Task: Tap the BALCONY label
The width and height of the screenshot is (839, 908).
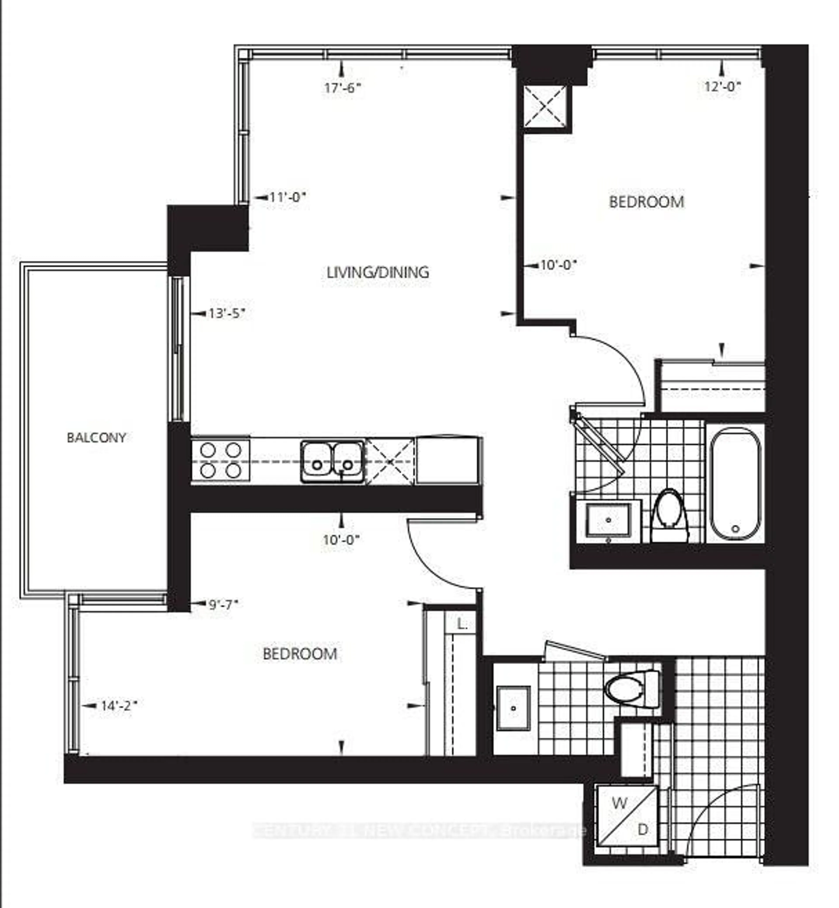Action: click(96, 438)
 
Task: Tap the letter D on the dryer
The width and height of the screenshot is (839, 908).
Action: click(643, 830)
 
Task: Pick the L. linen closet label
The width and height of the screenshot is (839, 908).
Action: click(462, 625)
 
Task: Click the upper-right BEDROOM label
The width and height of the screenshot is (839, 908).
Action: click(647, 202)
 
